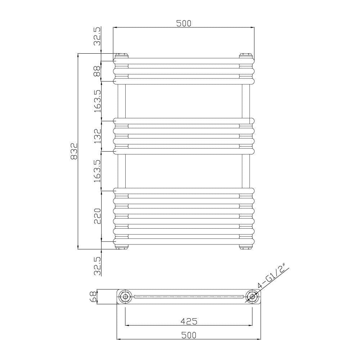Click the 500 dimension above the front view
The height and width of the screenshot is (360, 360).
tap(184, 23)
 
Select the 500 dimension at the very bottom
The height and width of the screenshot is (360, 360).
tap(189, 335)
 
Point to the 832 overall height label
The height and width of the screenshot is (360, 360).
tap(74, 151)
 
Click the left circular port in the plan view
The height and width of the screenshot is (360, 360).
tap(125, 297)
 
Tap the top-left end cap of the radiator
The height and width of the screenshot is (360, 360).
tap(121, 55)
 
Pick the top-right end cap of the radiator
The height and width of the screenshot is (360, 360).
tap(246, 55)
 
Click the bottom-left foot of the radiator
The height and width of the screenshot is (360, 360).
tap(122, 247)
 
